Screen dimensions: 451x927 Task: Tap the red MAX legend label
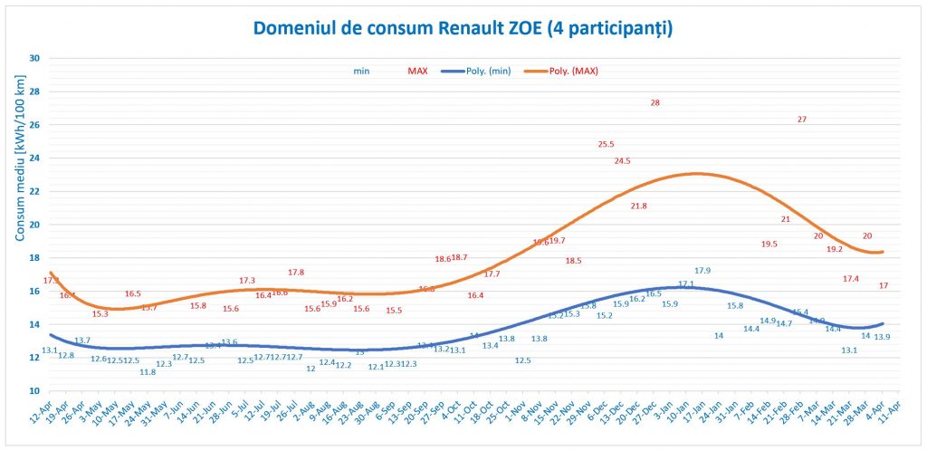(418, 71)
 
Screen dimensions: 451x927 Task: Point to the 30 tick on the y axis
(35, 58)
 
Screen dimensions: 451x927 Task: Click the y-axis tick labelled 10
(35, 390)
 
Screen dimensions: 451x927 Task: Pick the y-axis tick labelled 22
(35, 191)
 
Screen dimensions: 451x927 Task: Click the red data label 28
(655, 102)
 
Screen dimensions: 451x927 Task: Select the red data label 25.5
(607, 144)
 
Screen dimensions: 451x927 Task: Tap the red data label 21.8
(639, 206)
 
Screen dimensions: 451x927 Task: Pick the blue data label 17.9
(702, 271)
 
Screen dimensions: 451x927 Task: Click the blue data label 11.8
(148, 372)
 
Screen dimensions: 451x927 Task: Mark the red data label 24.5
(622, 160)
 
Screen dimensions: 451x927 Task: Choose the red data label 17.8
(296, 273)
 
